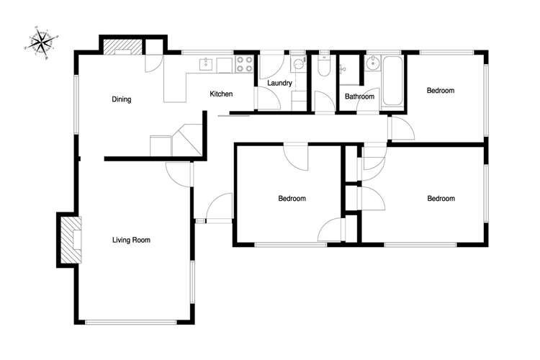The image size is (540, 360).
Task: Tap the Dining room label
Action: pos(121,99)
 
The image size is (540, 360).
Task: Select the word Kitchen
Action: pos(221,94)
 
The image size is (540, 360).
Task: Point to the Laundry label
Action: pos(279,84)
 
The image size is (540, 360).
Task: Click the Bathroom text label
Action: pos(359,96)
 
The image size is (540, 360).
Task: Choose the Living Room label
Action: pos(131,240)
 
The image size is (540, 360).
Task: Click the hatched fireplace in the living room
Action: pos(71,240)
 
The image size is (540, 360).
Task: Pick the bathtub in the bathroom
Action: pos(392,83)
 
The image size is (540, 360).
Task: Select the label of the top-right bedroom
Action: pos(441,91)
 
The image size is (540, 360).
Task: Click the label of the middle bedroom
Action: pos(292,199)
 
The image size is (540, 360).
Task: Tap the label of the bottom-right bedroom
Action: pos(441,199)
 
